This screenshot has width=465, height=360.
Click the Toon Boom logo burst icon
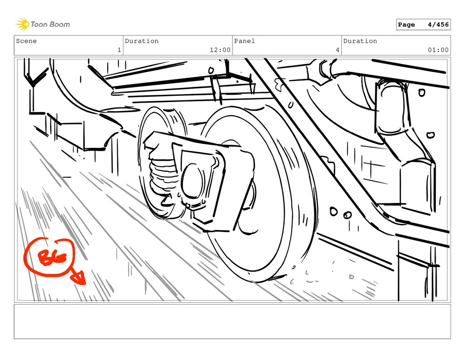tap(22, 24)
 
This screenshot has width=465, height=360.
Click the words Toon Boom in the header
tap(50, 25)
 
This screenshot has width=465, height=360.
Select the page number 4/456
tap(438, 25)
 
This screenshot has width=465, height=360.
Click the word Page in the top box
tap(406, 25)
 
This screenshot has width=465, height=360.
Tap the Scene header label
tap(26, 41)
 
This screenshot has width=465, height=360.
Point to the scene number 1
tap(119, 50)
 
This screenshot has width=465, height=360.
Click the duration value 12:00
tap(220, 50)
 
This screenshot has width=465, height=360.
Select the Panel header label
tap(244, 41)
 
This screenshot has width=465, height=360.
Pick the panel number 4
tap(337, 50)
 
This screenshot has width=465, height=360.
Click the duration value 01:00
tap(438, 50)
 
